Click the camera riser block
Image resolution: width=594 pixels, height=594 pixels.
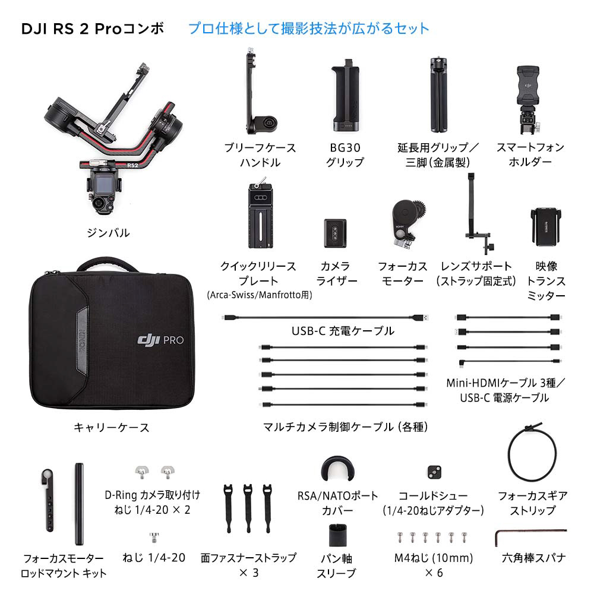[x=335, y=233]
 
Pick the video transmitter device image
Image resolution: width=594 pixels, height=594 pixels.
[x=546, y=226]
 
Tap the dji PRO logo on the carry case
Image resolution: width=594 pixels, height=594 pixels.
[x=160, y=339]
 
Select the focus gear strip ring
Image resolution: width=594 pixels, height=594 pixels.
[x=510, y=454]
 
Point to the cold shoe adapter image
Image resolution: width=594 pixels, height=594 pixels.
[x=434, y=472]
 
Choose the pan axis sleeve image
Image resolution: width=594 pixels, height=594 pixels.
[x=337, y=536]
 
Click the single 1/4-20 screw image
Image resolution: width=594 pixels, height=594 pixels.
[x=154, y=537]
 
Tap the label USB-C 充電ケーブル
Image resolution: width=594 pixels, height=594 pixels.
[x=343, y=331]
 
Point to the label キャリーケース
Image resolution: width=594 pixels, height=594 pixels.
[x=112, y=427]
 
